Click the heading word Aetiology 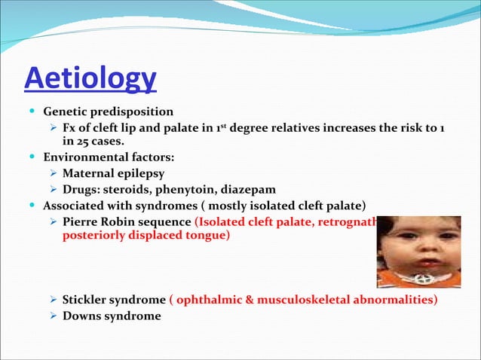tap(90, 78)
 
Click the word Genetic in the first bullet tap(64, 111)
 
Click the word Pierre tap(81, 221)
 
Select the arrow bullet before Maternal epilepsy tap(54, 174)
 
